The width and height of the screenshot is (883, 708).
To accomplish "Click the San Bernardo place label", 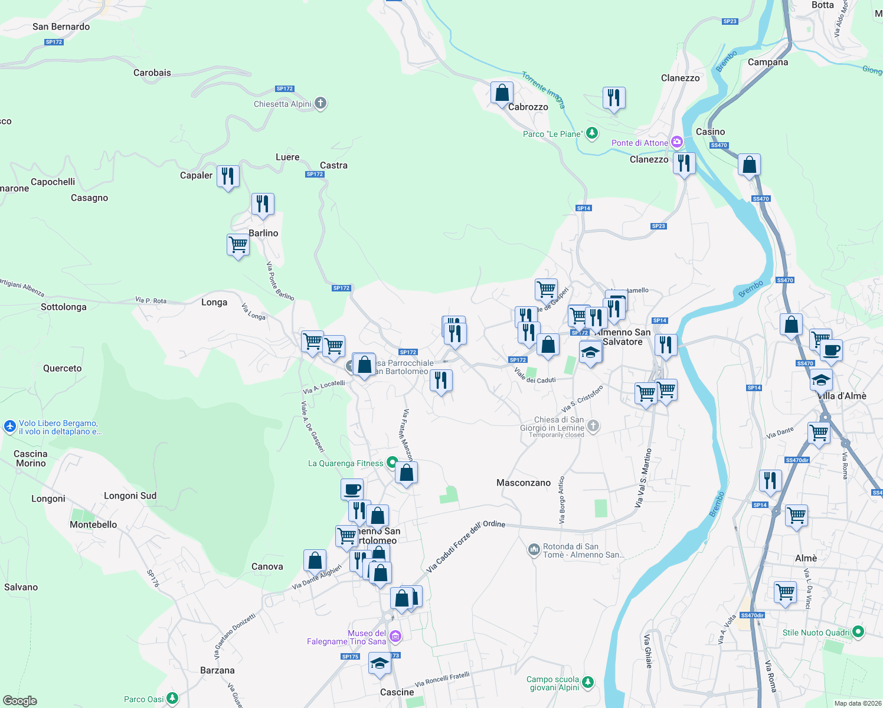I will [61, 27].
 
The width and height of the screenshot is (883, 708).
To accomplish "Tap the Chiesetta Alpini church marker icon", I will [321, 104].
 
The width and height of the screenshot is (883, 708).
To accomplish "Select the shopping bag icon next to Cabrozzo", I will [502, 93].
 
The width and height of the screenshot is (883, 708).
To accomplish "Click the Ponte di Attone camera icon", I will [677, 142].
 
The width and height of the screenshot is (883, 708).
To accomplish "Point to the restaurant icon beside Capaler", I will [228, 176].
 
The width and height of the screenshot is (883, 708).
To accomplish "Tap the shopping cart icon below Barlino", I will [238, 244].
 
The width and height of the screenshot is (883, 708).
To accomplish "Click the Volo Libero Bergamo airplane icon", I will [9, 426].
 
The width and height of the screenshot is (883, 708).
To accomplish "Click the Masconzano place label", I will [523, 483].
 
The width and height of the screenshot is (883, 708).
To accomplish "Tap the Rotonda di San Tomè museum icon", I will [534, 550].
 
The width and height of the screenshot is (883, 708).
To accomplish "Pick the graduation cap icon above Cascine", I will [380, 664].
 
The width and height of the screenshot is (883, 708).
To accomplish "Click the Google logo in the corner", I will [20, 700].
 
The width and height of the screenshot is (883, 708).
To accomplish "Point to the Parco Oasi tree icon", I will [172, 699].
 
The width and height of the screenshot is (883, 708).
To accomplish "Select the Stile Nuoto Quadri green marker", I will [858, 632].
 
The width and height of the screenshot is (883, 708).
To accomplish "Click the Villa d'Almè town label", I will [842, 396].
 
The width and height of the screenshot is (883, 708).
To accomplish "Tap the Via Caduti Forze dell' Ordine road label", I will [465, 546].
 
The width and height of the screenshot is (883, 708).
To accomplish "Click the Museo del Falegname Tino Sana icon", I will [395, 636].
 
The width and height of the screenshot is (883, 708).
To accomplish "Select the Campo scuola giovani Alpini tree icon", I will [587, 683].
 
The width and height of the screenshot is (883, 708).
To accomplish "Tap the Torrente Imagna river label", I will [544, 90].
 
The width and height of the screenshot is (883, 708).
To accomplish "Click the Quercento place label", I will [62, 368].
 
